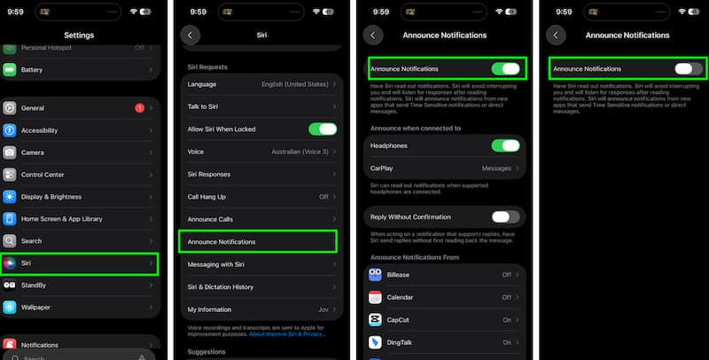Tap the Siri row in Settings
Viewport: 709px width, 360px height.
pyautogui.click(x=80, y=263)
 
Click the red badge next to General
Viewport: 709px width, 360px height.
pyautogui.click(x=139, y=108)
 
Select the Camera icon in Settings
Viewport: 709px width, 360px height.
pyautogui.click(x=10, y=153)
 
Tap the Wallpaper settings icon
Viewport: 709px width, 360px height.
pyautogui.click(x=10, y=308)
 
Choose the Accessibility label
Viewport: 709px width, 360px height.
pyautogui.click(x=39, y=130)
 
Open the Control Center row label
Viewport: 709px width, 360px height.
pyautogui.click(x=43, y=175)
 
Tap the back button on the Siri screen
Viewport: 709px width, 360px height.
pyautogui.click(x=190, y=35)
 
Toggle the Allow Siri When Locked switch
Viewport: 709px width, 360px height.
pyautogui.click(x=323, y=129)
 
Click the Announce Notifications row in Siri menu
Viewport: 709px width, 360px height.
pyautogui.click(x=257, y=241)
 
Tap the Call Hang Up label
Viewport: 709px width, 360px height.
pyautogui.click(x=206, y=197)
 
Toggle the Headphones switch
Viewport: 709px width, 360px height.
pyautogui.click(x=505, y=145)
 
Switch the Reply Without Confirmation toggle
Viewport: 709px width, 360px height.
pyautogui.click(x=505, y=216)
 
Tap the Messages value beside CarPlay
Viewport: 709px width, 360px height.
pyautogui.click(x=495, y=168)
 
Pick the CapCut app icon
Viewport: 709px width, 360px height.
pyautogui.click(x=376, y=319)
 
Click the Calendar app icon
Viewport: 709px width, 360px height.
pyautogui.click(x=376, y=297)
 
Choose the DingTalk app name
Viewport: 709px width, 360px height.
pyautogui.click(x=402, y=341)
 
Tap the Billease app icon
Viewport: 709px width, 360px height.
pyautogui.click(x=376, y=275)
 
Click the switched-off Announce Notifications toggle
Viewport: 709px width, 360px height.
pyautogui.click(x=688, y=68)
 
